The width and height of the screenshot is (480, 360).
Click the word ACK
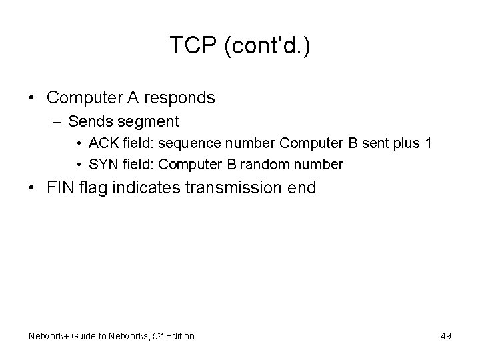coord(101,143)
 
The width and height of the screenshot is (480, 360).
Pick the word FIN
coord(61,187)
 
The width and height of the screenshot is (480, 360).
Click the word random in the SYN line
coord(268,164)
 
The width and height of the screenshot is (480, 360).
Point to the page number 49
coord(445,336)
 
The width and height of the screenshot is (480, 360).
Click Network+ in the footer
coord(49,336)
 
